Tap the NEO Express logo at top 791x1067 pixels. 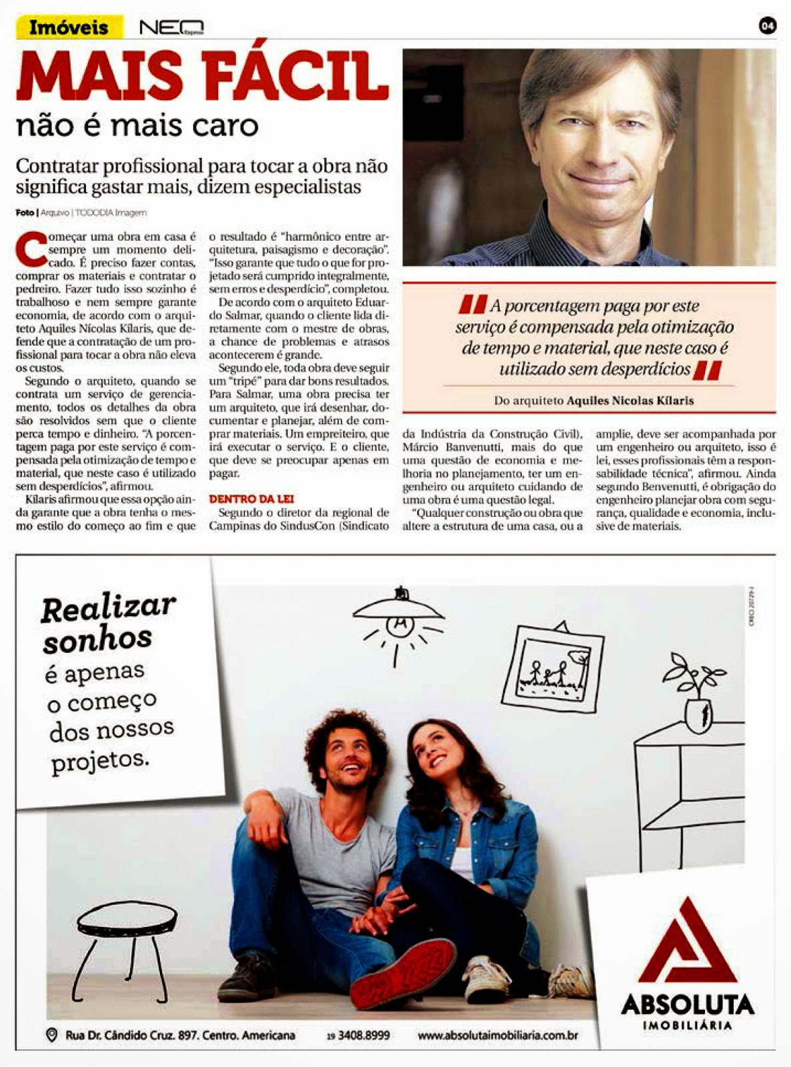coord(171,28)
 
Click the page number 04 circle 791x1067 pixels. coord(768,26)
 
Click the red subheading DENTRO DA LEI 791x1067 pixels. coord(251,499)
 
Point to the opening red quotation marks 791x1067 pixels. coord(472,305)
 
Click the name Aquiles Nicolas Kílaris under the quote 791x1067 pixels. coord(630,401)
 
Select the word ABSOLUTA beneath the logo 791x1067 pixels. coord(687,1004)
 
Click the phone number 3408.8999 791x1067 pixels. coord(363,1036)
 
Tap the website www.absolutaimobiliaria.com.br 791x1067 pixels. coord(497,1036)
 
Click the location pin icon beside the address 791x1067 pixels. coord(51,1036)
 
